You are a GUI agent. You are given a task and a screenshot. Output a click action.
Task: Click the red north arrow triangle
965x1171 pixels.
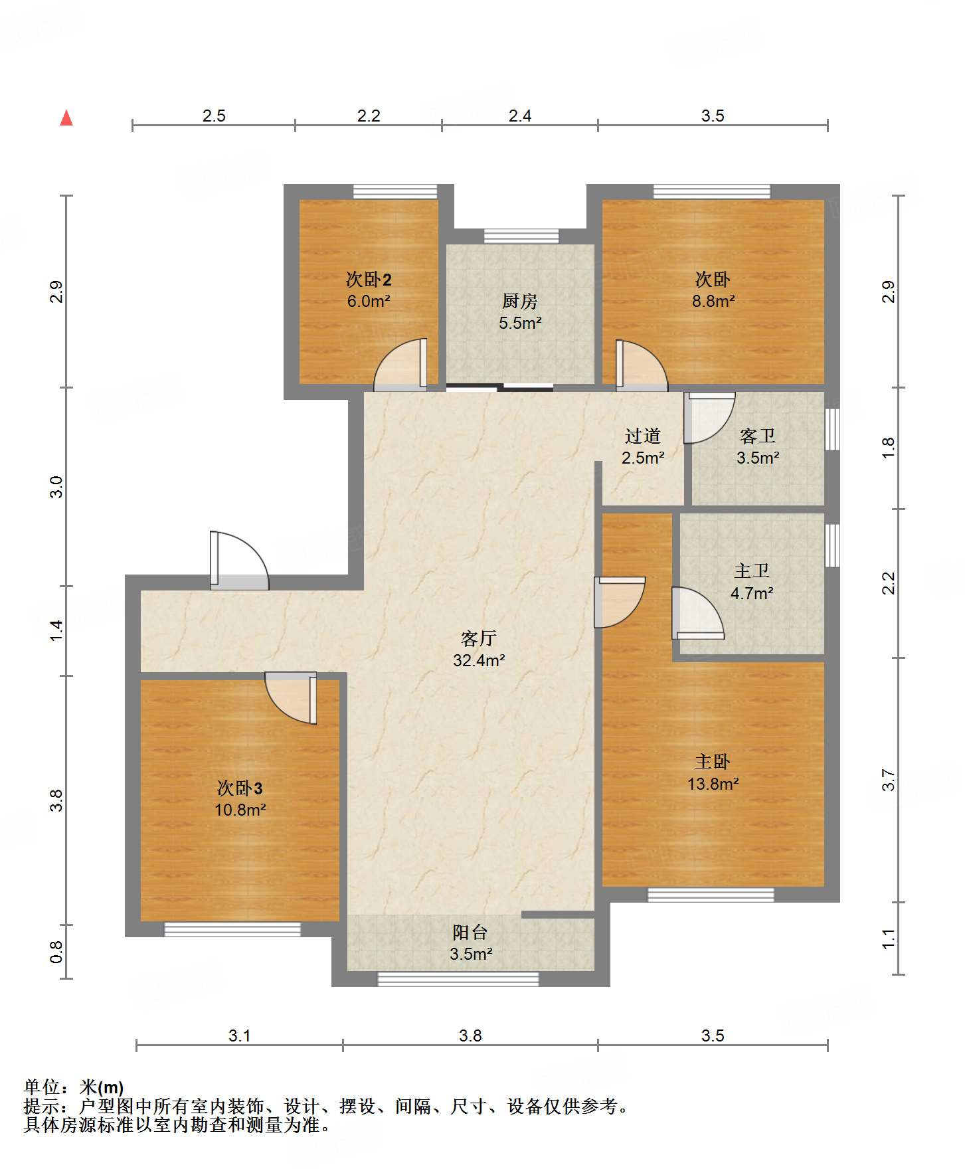coord(66,118)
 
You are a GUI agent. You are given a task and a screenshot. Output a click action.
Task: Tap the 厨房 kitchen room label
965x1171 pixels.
coord(519,301)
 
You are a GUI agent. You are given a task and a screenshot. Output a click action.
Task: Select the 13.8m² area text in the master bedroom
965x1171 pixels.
coord(713,784)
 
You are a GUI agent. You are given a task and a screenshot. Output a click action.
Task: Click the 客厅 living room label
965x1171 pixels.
coord(478,638)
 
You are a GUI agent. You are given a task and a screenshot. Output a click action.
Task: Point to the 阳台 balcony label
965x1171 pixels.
coord(470,933)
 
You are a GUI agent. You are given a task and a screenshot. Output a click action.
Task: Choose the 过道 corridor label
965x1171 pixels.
coord(642,436)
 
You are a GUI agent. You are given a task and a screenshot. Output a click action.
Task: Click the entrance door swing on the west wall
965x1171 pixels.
coord(240,560)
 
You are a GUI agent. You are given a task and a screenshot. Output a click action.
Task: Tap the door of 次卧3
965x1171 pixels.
coord(291,697)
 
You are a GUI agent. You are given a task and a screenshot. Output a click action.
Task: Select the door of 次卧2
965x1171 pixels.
coord(400,364)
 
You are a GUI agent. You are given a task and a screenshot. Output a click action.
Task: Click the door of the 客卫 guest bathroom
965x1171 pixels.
coord(709,418)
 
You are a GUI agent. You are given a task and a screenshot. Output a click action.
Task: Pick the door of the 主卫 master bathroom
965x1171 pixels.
coord(698,613)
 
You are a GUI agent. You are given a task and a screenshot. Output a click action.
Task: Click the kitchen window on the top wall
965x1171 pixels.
coord(521,236)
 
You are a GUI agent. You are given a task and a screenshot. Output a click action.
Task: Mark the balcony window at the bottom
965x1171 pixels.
coord(458,978)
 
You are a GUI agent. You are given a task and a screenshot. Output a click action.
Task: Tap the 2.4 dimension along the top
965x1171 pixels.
coord(519,116)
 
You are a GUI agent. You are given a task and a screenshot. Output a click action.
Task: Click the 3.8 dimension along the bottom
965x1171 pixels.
coord(470,1036)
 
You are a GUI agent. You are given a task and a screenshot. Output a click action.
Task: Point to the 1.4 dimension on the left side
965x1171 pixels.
coord(56,630)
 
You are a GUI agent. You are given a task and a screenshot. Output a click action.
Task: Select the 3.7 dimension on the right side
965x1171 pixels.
coord(888,780)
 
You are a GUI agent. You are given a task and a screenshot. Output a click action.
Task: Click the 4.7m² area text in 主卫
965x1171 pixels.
coord(751,593)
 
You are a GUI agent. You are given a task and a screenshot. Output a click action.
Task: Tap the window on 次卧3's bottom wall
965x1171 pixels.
coord(232,929)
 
